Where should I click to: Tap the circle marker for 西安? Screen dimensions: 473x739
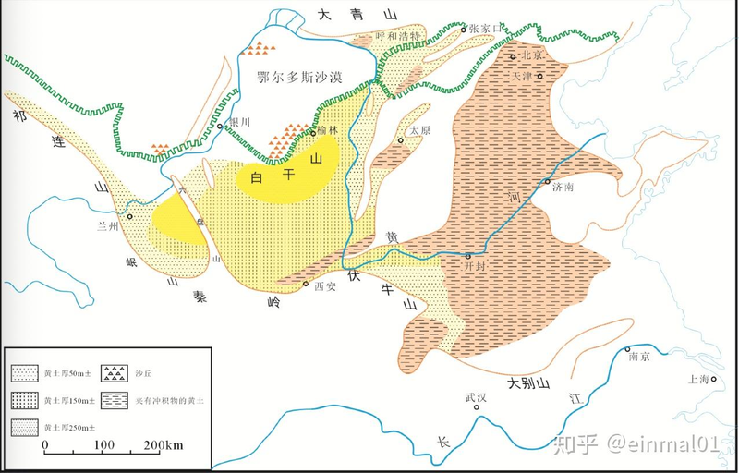tap(306, 284)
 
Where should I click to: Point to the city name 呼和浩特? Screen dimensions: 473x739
tap(398, 36)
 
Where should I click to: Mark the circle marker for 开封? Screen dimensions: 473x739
tap(468, 255)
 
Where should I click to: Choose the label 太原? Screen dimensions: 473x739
tap(420, 130)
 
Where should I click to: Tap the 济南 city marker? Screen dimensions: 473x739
tap(547, 182)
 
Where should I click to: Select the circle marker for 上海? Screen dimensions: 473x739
tap(713, 379)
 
